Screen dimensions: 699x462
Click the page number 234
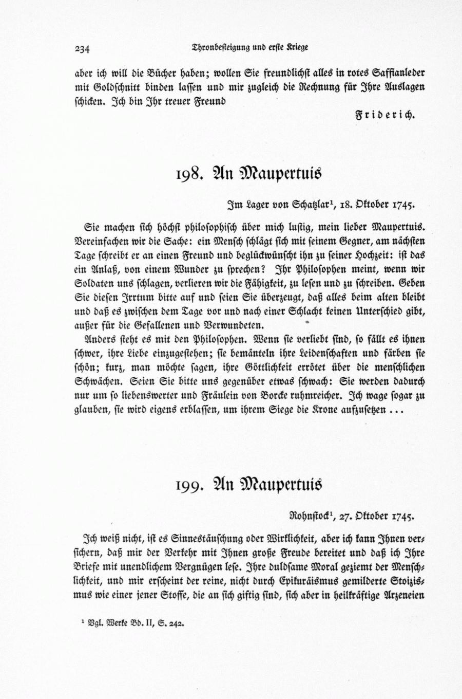(83, 50)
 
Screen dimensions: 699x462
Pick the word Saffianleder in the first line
(395, 72)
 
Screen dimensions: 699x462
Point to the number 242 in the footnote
(175, 624)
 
